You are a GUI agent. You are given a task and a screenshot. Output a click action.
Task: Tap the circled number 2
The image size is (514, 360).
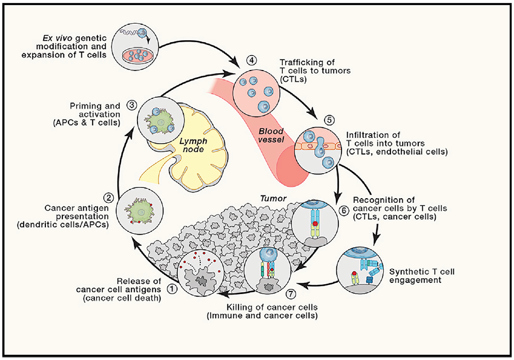point(108,197)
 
